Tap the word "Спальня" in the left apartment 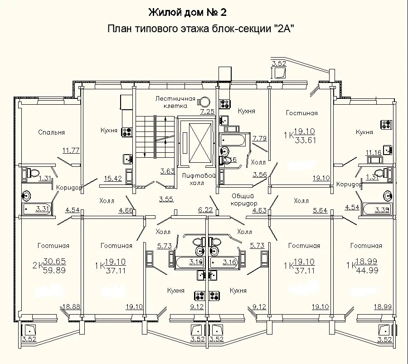[x=51, y=132]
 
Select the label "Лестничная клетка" [x=175, y=102]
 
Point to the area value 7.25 [x=207, y=111]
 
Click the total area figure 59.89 [x=55, y=271]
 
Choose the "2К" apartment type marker [x=37, y=265]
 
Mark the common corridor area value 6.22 [x=205, y=209]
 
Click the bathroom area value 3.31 [x=42, y=209]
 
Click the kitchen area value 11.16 [x=374, y=152]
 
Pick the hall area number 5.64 [x=320, y=210]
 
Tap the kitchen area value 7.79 [x=260, y=138]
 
